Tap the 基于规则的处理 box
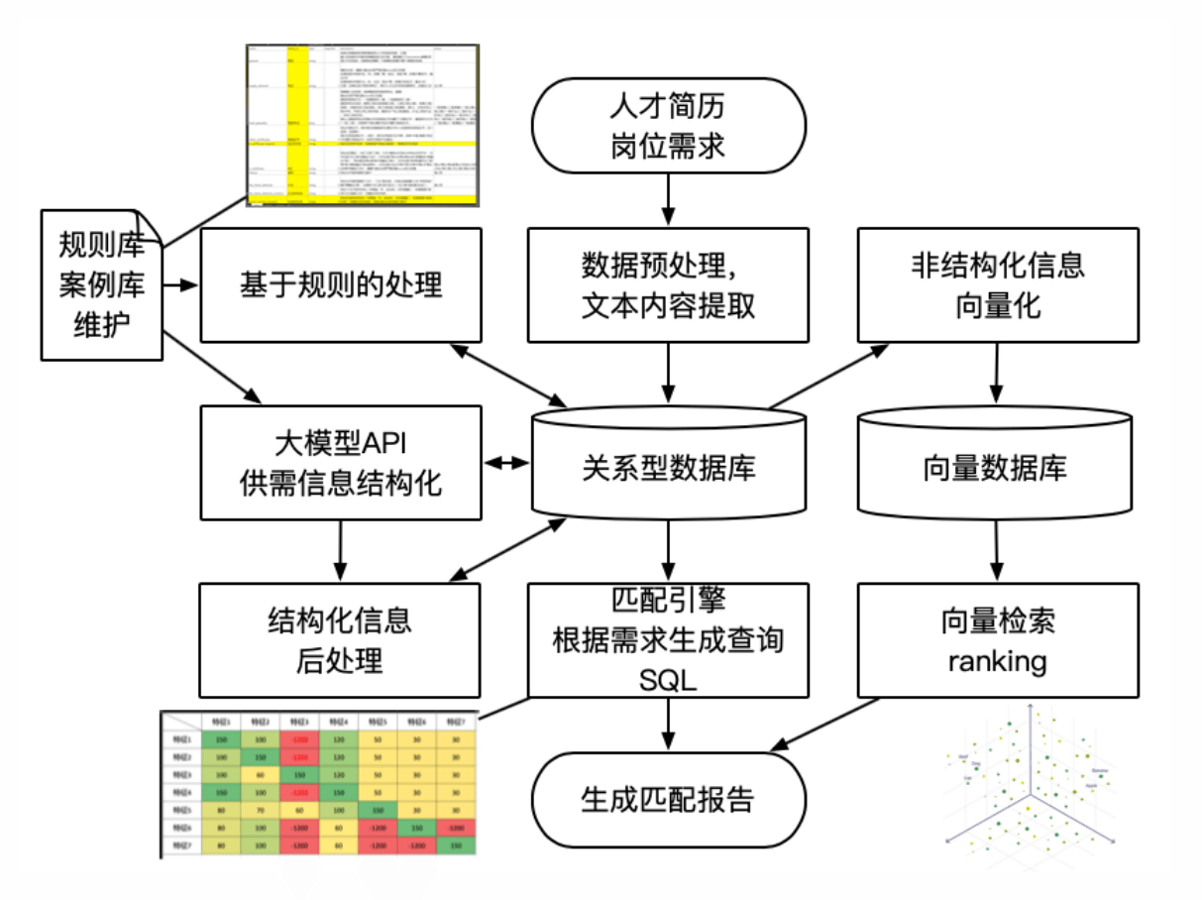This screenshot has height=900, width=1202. (x=340, y=285)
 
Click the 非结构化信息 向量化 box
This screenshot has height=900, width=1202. (x=997, y=285)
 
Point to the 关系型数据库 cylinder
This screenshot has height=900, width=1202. (x=668, y=464)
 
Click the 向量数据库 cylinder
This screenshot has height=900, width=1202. (x=995, y=464)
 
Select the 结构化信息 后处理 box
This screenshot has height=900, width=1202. (x=340, y=639)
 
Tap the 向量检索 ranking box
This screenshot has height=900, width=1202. (x=997, y=639)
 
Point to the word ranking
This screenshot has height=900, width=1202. (x=997, y=660)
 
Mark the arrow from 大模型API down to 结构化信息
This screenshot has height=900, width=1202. (x=340, y=551)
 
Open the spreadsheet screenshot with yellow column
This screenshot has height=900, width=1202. (x=362, y=125)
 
